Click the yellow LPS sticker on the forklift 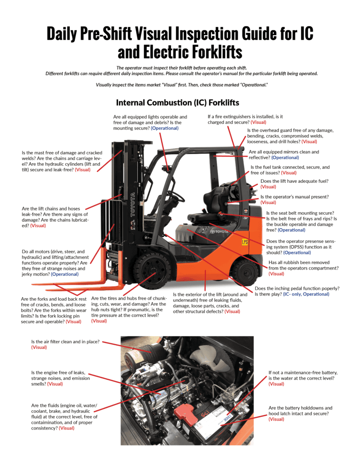tap(244, 242)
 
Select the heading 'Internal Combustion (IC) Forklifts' tap(178, 102)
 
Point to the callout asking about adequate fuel tap(294, 184)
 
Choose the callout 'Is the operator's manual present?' tap(294, 200)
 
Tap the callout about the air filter tap(66, 345)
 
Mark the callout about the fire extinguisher tap(245, 119)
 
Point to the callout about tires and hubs tap(127, 309)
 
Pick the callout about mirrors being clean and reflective tap(284, 155)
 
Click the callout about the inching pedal tap(297, 291)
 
